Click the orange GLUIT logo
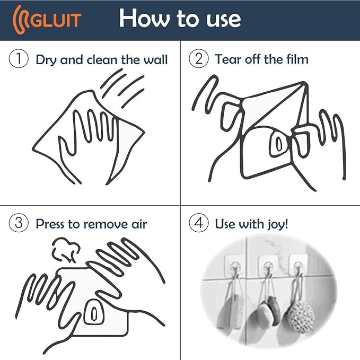tap(48, 19)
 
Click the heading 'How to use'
tap(180, 19)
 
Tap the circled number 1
tap(19, 59)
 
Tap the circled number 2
tap(198, 59)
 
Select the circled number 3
tap(19, 223)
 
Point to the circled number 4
tap(198, 223)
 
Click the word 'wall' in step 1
tap(155, 59)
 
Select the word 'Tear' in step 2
tap(227, 59)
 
